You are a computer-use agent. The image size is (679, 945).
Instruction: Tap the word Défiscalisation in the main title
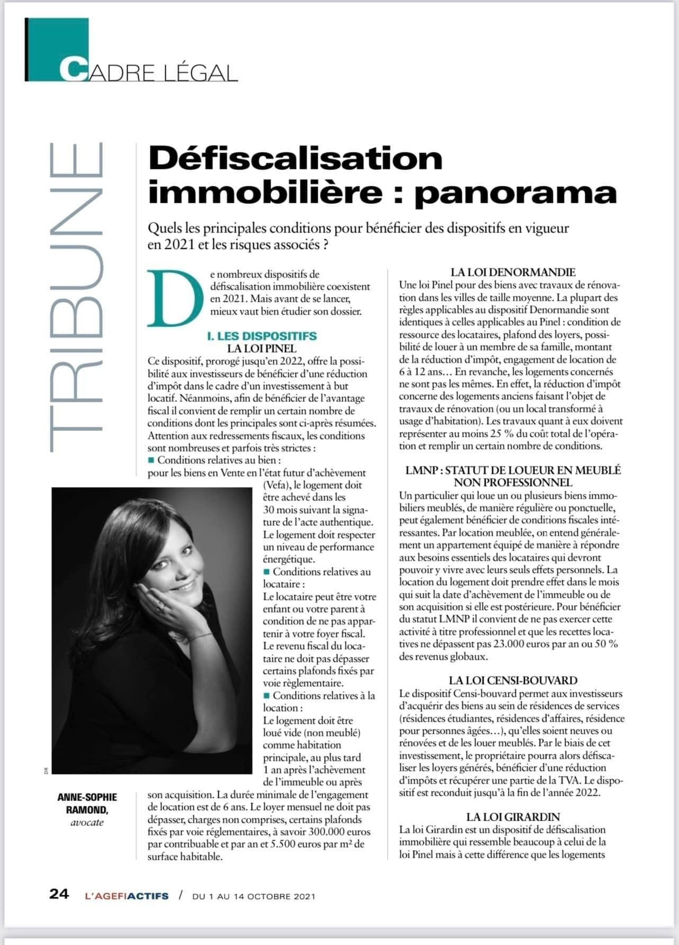pos(295,158)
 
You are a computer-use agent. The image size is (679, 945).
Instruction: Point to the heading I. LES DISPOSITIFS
pos(262,336)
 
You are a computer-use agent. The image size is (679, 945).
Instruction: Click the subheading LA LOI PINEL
pos(262,348)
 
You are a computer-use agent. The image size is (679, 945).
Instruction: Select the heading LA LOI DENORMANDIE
pos(513,272)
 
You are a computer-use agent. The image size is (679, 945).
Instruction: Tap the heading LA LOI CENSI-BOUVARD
pos(513,680)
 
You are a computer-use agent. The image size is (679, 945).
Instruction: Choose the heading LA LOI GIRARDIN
pos(513,817)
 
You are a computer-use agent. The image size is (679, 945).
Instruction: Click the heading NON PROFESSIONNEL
pos(513,482)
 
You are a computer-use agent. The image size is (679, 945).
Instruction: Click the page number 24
pos(59,894)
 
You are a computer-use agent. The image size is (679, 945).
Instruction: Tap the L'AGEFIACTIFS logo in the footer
pos(127,896)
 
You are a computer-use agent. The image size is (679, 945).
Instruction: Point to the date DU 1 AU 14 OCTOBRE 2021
pos(254,896)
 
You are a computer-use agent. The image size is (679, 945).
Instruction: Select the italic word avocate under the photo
pos(87,822)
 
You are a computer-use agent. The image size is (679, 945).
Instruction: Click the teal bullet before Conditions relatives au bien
pos(151,460)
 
